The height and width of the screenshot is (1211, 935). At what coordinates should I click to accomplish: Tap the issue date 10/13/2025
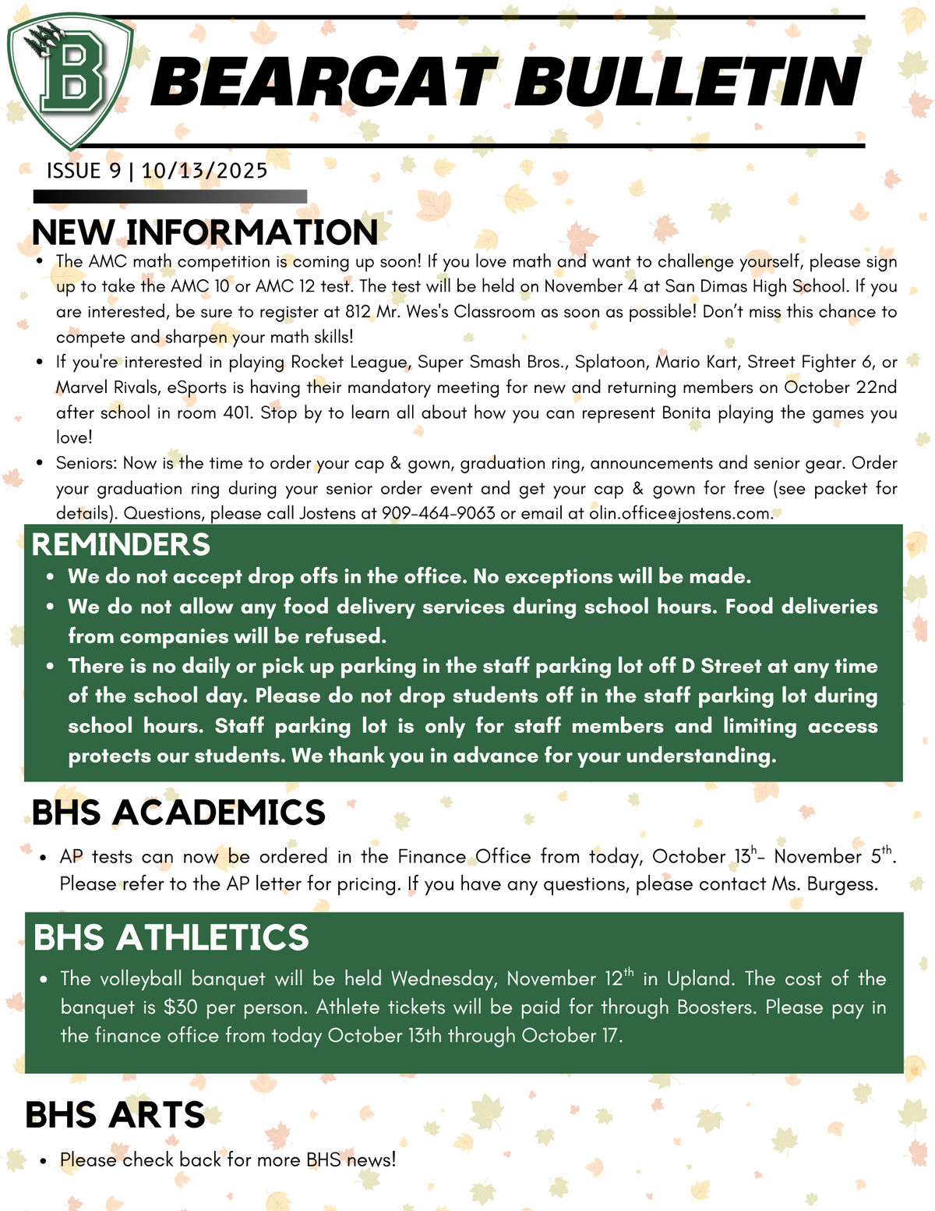(x=205, y=171)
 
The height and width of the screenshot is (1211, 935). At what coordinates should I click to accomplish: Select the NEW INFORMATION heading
(x=205, y=232)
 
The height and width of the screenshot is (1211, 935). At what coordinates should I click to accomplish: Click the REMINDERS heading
(x=121, y=544)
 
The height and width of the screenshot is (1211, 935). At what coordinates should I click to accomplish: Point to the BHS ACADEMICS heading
(x=178, y=813)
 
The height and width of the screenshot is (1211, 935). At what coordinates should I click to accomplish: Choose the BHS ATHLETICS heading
(x=171, y=937)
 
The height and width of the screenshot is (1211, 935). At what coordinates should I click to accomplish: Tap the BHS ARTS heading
(x=115, y=1115)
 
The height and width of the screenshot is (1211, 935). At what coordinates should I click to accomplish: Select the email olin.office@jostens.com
(x=679, y=514)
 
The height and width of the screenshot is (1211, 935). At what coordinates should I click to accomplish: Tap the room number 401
(x=238, y=413)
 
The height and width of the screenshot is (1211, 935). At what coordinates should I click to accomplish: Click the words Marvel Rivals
(x=102, y=388)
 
